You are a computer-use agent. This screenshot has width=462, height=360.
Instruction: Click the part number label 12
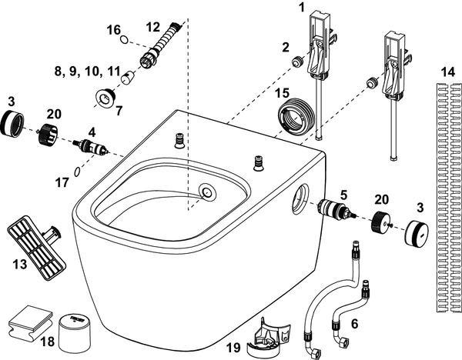[153, 28]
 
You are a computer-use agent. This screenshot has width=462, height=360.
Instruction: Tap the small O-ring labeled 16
[124, 40]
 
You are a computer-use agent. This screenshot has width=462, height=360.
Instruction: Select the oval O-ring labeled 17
[77, 172]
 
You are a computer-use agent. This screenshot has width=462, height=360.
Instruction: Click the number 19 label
[233, 348]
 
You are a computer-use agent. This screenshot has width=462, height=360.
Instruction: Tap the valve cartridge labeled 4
[92, 146]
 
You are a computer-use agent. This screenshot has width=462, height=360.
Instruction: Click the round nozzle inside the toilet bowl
[208, 192]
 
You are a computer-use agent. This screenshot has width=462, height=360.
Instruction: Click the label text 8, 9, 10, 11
[88, 72]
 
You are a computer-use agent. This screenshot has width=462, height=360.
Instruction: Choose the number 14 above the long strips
[448, 72]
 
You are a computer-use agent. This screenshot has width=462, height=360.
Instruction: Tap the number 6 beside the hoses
[355, 324]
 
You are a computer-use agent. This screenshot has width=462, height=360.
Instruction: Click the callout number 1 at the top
[301, 8]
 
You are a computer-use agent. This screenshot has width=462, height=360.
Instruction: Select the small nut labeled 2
[297, 62]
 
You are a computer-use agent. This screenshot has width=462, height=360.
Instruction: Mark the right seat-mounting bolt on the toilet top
[259, 163]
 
